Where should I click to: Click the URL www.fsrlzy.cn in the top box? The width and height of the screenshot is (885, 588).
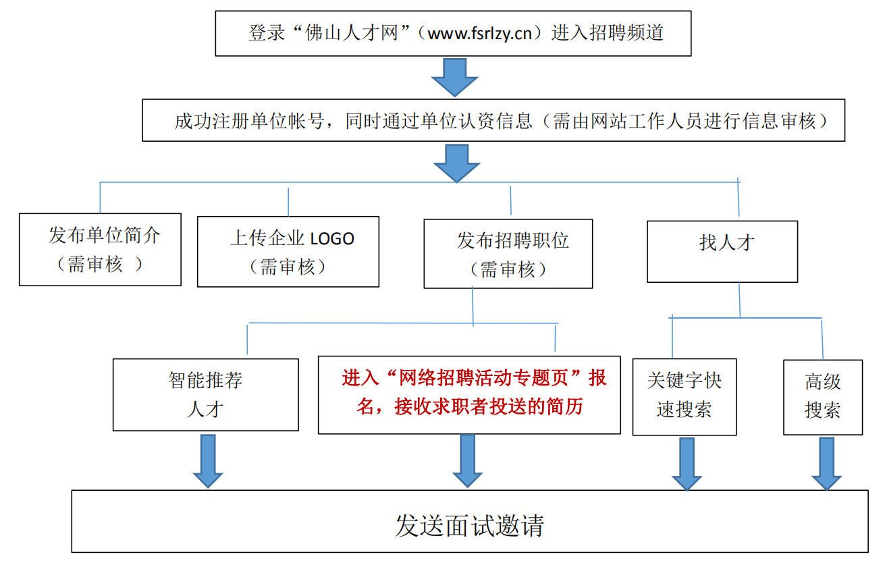[x=480, y=34]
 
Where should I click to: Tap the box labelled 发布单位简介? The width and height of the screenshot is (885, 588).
[x=101, y=249]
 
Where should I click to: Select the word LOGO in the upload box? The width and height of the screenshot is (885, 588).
[x=332, y=239]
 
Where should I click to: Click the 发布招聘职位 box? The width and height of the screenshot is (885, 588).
[x=508, y=254]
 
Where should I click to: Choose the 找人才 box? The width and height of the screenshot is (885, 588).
[x=722, y=251]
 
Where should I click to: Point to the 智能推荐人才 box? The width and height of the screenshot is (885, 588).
[x=206, y=395]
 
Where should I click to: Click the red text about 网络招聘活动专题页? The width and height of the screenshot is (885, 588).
[x=473, y=392]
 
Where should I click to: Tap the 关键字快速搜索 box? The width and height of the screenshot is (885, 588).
[x=685, y=397]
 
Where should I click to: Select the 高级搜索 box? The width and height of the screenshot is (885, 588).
[x=823, y=397]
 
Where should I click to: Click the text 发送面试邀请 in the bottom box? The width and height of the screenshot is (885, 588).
[x=470, y=526]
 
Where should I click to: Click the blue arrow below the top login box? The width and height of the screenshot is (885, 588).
[x=455, y=78]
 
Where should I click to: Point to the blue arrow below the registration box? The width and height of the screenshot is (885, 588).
[x=457, y=163]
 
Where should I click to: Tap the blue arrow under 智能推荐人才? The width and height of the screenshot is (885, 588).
[x=208, y=461]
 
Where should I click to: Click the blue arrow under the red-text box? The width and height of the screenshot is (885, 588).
[x=467, y=461]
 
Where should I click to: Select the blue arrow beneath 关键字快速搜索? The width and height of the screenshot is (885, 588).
[x=687, y=464]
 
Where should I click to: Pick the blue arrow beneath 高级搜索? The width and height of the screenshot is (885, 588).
[x=827, y=464]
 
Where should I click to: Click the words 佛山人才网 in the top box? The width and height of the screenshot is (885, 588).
[x=351, y=33]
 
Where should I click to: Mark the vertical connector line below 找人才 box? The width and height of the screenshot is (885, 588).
[x=740, y=300]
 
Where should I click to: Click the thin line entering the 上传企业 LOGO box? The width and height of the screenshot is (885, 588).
[x=288, y=202]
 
